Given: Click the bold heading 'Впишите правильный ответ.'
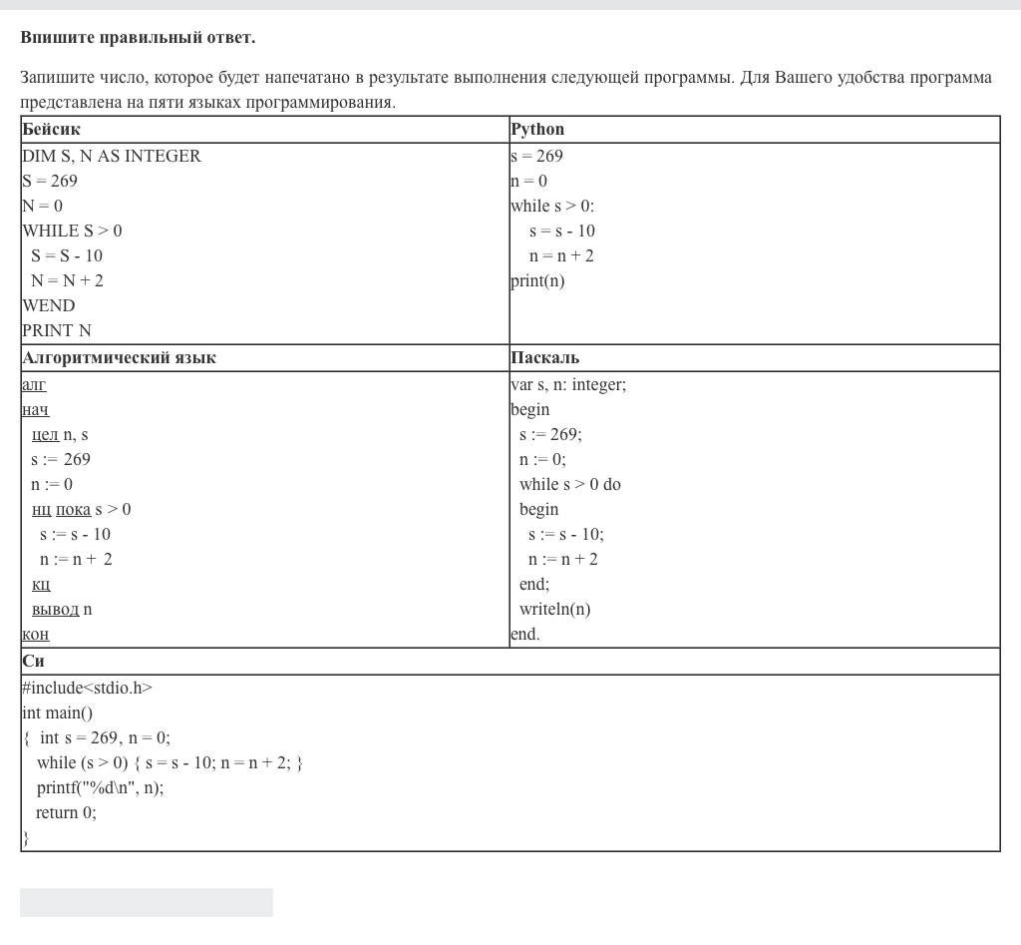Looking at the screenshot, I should pyautogui.click(x=138, y=38).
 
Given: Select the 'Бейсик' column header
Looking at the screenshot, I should pyautogui.click(x=51, y=130).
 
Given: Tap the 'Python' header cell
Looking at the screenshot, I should pyautogui.click(x=537, y=130).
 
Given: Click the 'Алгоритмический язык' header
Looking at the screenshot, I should pyautogui.click(x=119, y=358).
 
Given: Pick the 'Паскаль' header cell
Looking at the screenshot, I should pyautogui.click(x=544, y=358).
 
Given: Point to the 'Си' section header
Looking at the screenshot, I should pyautogui.click(x=33, y=662).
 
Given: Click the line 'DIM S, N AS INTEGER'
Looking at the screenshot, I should pyautogui.click(x=112, y=156).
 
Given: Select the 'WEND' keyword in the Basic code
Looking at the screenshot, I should pyautogui.click(x=49, y=305).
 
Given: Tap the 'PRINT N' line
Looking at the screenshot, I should pyautogui.click(x=57, y=330).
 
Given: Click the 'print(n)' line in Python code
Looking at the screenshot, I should pyautogui.click(x=537, y=280).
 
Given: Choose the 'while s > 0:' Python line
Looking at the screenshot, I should pyautogui.click(x=551, y=206).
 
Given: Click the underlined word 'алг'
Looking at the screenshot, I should pyautogui.click(x=34, y=384).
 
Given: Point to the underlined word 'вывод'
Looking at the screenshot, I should pyautogui.click(x=55, y=609).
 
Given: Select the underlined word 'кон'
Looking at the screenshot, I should pyautogui.click(x=35, y=634).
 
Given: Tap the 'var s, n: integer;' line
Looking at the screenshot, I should pyautogui.click(x=568, y=384).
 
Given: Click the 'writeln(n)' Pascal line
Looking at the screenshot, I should pyautogui.click(x=554, y=609).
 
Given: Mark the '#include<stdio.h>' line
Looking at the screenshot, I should pyautogui.click(x=87, y=688).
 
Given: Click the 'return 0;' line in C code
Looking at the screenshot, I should pyautogui.click(x=66, y=812).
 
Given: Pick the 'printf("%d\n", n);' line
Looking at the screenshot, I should pyautogui.click(x=100, y=787).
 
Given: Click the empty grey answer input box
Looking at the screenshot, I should pyautogui.click(x=147, y=902).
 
